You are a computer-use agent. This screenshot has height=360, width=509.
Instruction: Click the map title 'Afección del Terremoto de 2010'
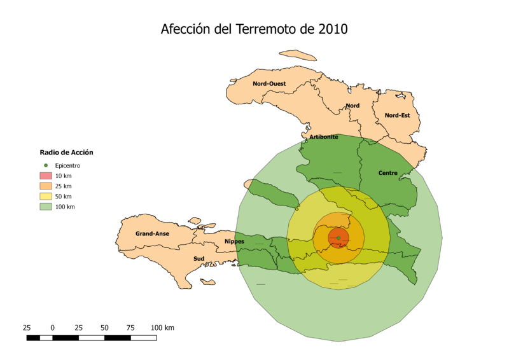[x=254, y=30]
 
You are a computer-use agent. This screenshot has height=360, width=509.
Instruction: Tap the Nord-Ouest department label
[x=269, y=83]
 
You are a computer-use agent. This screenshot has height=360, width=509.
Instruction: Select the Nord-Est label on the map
[x=397, y=115]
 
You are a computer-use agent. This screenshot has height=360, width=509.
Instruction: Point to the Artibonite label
[x=324, y=137]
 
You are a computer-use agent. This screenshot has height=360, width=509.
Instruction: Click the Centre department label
[x=387, y=173]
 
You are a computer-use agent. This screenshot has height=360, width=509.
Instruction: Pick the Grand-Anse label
[x=152, y=233]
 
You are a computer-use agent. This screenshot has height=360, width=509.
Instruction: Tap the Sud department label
[x=199, y=259]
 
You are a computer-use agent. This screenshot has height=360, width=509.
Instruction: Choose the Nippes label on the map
[x=234, y=241]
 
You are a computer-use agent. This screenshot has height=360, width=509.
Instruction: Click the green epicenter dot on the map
[x=338, y=238]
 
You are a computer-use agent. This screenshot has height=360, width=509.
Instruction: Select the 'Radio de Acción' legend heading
[x=66, y=152]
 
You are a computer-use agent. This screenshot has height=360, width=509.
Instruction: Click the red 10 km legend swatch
[x=46, y=176]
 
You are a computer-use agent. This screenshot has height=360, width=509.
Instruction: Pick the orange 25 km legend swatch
[x=46, y=186]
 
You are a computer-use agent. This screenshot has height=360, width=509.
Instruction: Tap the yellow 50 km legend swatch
[x=46, y=197]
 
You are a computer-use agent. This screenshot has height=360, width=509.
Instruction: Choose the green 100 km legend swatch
[x=46, y=207]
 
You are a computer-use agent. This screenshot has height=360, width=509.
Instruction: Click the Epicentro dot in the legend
[x=46, y=165]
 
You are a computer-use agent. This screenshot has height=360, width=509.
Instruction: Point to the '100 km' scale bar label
[x=162, y=328]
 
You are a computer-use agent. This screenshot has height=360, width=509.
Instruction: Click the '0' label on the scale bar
[x=52, y=328]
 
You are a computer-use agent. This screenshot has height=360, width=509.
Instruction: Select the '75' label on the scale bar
[x=130, y=328]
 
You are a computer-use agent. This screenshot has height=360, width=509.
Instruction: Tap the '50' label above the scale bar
[x=104, y=328]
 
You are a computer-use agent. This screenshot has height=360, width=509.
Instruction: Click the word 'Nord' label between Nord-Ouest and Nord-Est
[x=352, y=106]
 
